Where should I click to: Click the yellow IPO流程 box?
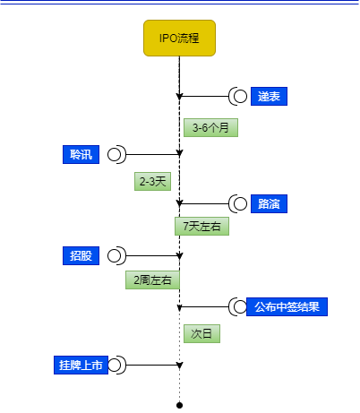179,38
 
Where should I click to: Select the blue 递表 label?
269,96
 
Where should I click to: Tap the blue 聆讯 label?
81,154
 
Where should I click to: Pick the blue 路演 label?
269,203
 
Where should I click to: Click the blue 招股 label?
81,255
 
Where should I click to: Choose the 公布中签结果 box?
287,306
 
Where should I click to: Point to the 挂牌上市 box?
81,365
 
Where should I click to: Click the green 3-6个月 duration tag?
210,127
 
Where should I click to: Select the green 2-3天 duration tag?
152,181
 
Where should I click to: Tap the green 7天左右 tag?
201,226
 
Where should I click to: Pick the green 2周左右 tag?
152,280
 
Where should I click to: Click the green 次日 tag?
201,333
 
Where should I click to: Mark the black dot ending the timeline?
179,405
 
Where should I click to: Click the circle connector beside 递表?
240,96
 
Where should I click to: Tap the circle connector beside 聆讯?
114,154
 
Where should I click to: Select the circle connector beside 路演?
240,203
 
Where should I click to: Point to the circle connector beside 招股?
114,255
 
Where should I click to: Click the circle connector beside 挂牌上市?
114,365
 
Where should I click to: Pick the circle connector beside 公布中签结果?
240,306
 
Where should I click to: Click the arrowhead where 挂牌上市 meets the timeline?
179,366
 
